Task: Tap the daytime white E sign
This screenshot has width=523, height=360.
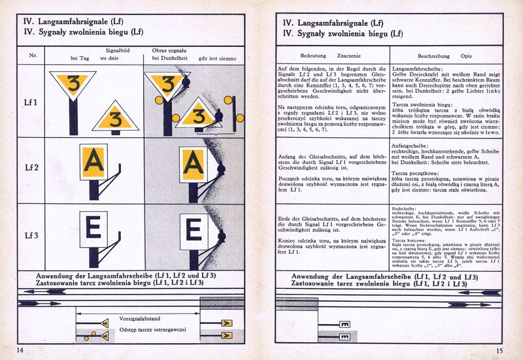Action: click(93, 227)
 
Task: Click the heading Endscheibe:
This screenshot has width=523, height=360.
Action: click(406, 208)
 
